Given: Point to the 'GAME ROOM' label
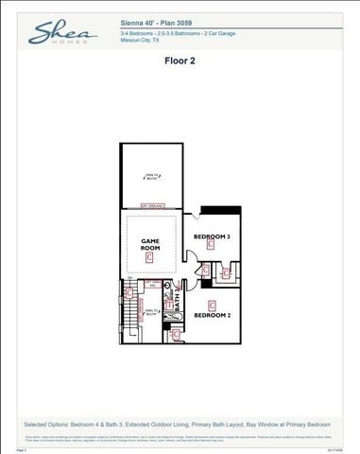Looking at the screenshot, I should tap(149, 244).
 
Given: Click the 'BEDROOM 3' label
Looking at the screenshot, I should tap(212, 235).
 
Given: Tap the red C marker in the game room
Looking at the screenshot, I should tap(149, 256).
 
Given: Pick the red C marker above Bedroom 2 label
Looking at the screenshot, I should tap(212, 304).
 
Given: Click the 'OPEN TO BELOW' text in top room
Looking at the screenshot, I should tap(150, 176).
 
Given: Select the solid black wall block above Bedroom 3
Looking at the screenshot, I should tap(214, 210).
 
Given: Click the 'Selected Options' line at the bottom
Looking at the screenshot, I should tap(180, 426).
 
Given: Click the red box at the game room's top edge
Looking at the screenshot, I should tap(152, 205).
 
